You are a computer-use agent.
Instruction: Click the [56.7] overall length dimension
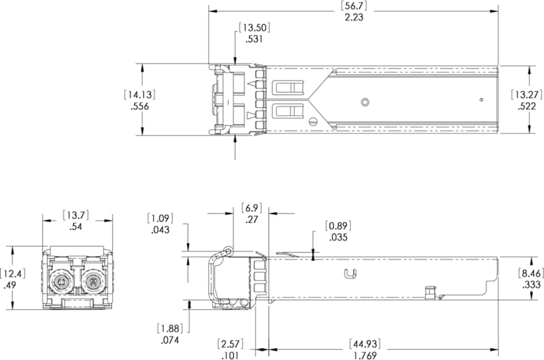point(353,6)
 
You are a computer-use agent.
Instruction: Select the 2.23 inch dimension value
point(353,17)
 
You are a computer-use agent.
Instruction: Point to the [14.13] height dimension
point(140,95)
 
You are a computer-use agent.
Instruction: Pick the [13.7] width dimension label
point(77,214)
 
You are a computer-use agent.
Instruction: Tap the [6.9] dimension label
point(252,208)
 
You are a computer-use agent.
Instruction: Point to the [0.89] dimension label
point(338,226)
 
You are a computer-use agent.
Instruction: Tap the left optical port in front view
point(62,281)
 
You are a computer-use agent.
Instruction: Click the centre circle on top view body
point(365,102)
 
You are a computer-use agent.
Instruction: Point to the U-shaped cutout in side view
point(349,274)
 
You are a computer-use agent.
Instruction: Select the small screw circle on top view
point(313,122)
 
